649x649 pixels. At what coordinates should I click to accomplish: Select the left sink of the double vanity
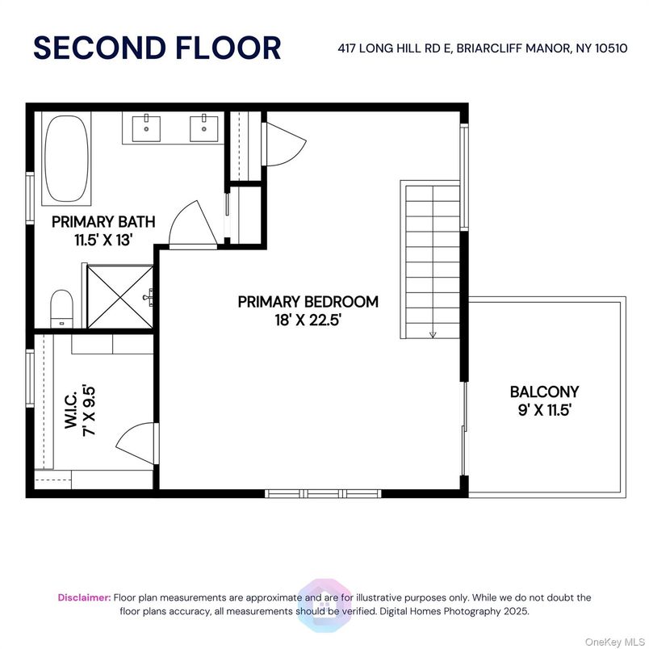(147, 125)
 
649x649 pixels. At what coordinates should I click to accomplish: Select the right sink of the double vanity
(203, 125)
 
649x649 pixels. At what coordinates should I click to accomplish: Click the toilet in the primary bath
(61, 308)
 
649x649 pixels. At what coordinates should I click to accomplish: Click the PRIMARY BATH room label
(103, 221)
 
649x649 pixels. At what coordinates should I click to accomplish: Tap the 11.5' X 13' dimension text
(103, 238)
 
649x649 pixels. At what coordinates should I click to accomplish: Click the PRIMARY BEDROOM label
(308, 301)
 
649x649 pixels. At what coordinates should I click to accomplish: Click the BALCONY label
(544, 392)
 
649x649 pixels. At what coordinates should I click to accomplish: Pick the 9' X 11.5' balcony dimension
(544, 409)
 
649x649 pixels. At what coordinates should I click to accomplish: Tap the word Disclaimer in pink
(84, 597)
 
